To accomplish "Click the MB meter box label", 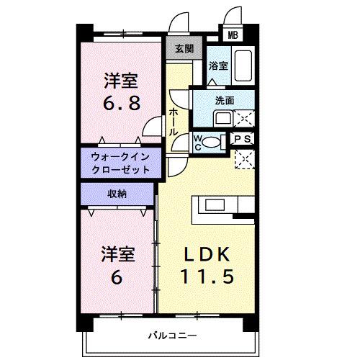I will [232, 35].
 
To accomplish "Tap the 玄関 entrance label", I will [184, 49].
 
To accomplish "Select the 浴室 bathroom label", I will [218, 66].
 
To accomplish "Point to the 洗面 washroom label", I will [225, 100].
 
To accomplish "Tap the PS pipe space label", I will [243, 140].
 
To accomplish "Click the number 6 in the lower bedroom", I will [117, 276].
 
